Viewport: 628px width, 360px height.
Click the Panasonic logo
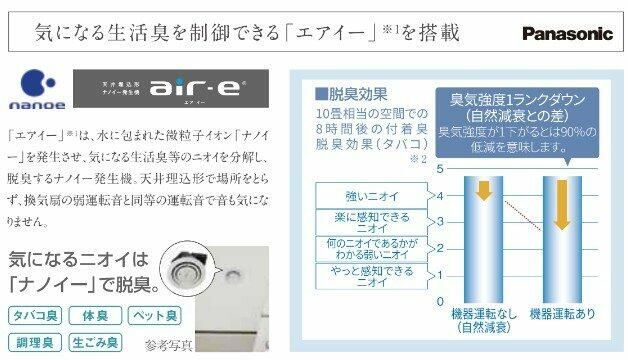pyautogui.click(x=566, y=33)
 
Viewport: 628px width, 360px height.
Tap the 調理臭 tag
pyautogui.click(x=32, y=343)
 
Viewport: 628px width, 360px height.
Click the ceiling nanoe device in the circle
pyautogui.click(x=185, y=263)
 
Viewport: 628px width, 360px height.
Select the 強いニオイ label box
pyautogui.click(x=364, y=195)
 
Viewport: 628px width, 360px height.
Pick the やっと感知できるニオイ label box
pyautogui.click(x=364, y=277)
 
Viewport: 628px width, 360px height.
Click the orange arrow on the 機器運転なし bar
pyautogui.click(x=484, y=188)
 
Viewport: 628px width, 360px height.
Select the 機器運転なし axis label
pyautogui.click(x=484, y=319)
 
